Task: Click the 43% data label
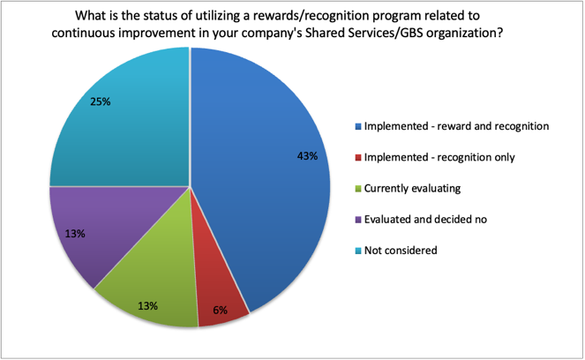(307, 156)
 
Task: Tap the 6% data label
(220, 310)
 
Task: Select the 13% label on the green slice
(147, 306)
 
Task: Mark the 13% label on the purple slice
(75, 234)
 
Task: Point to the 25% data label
(101, 101)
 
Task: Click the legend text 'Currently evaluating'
(412, 189)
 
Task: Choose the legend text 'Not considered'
(401, 250)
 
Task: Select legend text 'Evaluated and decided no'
(425, 219)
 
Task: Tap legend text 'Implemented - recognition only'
(439, 157)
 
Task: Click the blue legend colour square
(358, 127)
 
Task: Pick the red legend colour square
(358, 158)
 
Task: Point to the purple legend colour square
(358, 220)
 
